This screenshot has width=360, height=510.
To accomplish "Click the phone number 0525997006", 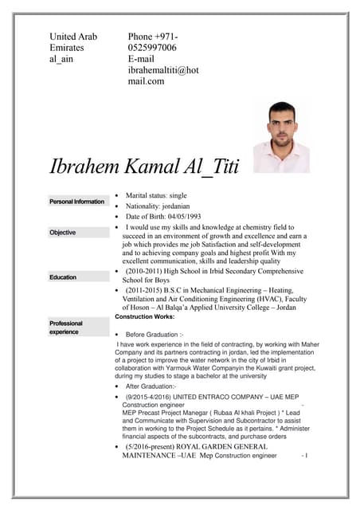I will (152, 48).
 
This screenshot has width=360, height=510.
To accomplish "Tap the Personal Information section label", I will (76, 202).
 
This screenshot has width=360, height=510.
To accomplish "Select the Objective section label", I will (63, 233).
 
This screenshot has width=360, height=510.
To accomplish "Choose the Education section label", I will (63, 277).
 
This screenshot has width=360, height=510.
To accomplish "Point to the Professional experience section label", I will (65, 328).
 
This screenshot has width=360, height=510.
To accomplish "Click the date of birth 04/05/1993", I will (179, 216).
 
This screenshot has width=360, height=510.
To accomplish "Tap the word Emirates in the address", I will (69, 48).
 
